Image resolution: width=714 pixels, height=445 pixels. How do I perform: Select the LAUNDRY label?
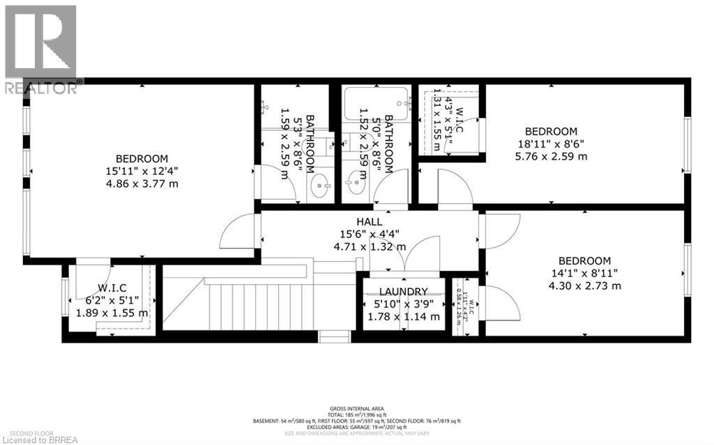pos(403,291)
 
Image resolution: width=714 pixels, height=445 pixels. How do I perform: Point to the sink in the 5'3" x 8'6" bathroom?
pos(320,187)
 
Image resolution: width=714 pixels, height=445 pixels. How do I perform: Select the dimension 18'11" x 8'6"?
pos(551,144)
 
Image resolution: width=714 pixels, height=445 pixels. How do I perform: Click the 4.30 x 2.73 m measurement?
pos(584,286)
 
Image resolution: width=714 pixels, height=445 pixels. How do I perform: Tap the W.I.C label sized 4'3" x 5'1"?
pos(445,118)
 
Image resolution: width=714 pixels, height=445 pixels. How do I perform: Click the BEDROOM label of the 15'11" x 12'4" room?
pos(142,158)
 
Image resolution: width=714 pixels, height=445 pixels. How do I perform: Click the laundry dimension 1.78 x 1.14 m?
pos(403,317)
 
